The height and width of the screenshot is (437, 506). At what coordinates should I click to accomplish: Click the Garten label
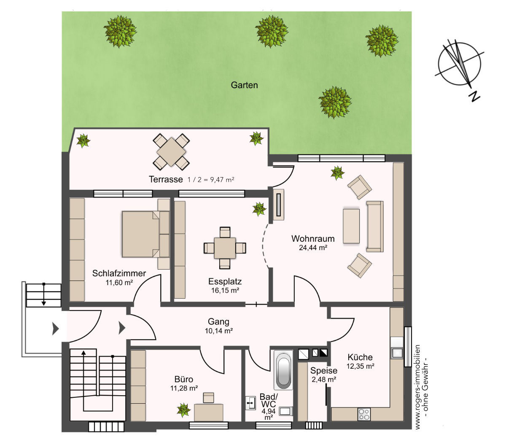(244, 85)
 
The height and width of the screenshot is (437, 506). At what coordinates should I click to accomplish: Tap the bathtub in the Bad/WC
(283, 370)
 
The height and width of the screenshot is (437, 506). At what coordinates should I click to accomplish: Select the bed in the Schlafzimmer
(146, 234)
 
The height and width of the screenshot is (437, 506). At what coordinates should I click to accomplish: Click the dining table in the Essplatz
(225, 248)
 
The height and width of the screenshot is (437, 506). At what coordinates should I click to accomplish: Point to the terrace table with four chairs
(171, 151)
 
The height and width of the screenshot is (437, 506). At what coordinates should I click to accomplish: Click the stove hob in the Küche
(364, 414)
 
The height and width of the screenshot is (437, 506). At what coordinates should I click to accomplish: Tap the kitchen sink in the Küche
(397, 353)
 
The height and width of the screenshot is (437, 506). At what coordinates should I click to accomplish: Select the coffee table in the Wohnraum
(351, 226)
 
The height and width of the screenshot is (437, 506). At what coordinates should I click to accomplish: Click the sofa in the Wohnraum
(375, 227)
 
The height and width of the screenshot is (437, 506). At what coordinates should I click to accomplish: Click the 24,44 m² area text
(313, 248)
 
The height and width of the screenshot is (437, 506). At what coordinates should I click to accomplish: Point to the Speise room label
(323, 370)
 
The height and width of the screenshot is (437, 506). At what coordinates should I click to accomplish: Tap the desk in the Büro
(209, 413)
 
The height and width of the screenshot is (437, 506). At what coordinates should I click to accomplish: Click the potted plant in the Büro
(183, 410)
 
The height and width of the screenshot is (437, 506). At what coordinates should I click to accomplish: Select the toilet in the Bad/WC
(286, 411)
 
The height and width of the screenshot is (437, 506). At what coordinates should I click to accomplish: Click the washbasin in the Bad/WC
(250, 403)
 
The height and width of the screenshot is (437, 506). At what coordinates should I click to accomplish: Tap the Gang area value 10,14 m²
(219, 331)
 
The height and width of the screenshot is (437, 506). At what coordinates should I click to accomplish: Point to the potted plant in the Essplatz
(259, 209)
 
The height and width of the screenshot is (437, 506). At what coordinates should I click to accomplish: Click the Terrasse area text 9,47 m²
(220, 180)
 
